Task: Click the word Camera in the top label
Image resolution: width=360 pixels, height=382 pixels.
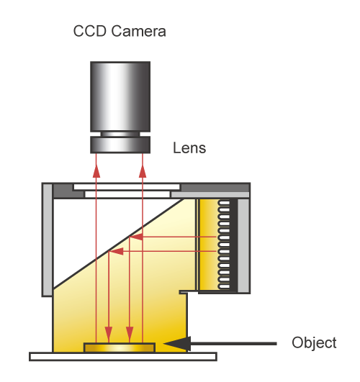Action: [x=138, y=31]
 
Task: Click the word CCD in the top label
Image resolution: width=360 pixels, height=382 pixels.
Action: [x=90, y=31]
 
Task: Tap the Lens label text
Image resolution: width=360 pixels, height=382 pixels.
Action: [x=189, y=148]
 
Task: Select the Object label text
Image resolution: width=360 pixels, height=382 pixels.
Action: [x=314, y=343]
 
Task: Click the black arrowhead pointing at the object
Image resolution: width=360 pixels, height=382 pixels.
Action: [x=177, y=344]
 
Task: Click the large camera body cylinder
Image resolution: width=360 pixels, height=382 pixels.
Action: [x=120, y=96]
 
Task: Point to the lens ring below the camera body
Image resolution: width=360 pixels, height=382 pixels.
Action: [x=120, y=145]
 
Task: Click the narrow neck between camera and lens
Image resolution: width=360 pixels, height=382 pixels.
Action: [x=120, y=135]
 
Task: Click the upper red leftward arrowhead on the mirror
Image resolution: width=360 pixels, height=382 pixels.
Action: [x=136, y=237]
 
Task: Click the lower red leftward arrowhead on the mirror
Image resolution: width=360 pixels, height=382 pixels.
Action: [x=116, y=251]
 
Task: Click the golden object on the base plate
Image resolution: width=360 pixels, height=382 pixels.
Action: [x=120, y=347]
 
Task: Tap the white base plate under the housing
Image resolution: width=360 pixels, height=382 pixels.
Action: [x=123, y=356]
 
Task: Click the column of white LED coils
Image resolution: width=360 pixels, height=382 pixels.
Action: [x=224, y=245]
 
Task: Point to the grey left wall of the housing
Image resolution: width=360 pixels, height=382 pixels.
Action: [x=47, y=240]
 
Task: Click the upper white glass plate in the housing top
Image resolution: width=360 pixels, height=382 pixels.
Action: [x=127, y=187]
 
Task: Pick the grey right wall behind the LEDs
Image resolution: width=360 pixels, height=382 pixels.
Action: [x=243, y=245]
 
